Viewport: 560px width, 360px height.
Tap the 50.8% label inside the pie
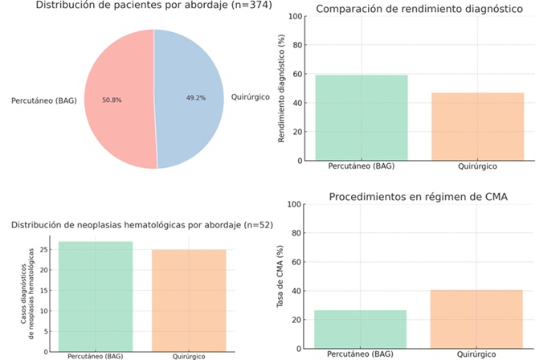coord(113,100)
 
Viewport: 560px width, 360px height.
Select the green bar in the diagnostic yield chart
coord(362,117)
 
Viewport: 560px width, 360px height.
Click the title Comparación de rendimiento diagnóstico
coord(419,10)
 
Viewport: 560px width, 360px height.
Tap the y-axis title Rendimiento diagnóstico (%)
coord(282,88)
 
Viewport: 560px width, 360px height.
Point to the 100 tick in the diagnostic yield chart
coord(296,16)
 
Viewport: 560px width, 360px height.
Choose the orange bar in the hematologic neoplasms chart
coord(190,299)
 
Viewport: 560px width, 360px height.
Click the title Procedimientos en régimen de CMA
coord(419,198)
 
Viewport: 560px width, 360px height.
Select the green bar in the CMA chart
coord(361,329)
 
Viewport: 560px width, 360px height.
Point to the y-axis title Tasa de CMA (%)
coord(282,277)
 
